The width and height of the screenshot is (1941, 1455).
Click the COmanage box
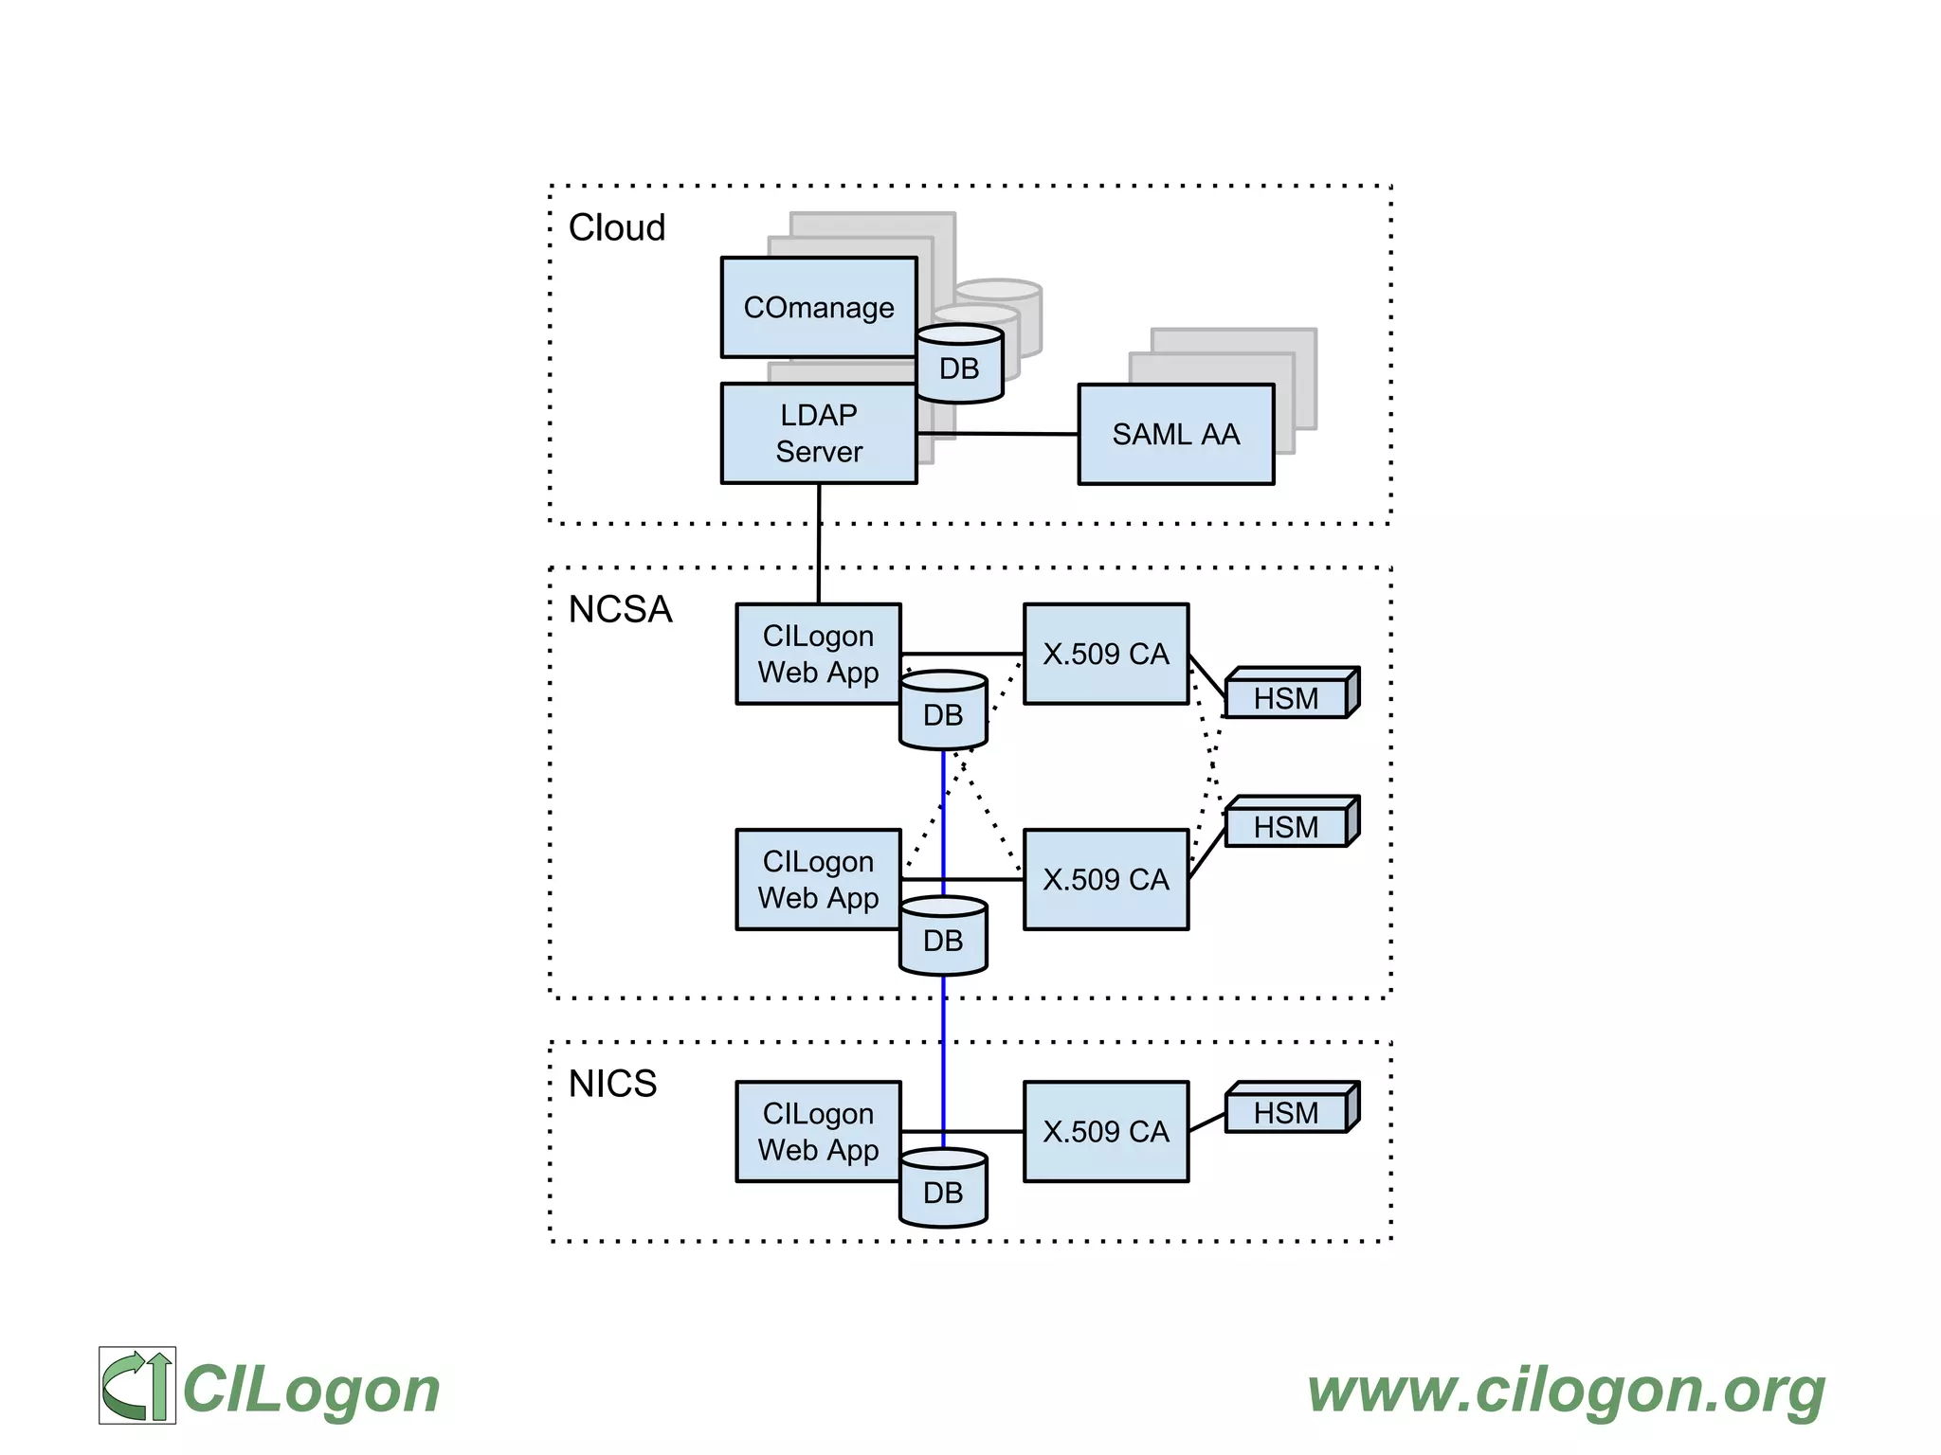[x=818, y=307]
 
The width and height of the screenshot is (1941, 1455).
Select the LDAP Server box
[x=818, y=433]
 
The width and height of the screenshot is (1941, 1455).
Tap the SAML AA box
[x=1175, y=434]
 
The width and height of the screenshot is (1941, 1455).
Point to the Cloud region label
[x=616, y=228]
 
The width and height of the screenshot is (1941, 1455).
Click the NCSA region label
[x=620, y=609]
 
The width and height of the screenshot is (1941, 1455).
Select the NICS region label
[x=612, y=1083]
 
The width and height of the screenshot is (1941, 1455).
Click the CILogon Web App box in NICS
[x=818, y=1131]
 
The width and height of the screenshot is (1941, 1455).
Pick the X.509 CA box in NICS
[x=1105, y=1131]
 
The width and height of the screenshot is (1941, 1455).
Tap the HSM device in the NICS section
[x=1287, y=1112]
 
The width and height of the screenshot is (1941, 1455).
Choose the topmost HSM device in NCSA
[x=1287, y=697]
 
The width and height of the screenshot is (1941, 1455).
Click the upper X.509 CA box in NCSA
[x=1105, y=654]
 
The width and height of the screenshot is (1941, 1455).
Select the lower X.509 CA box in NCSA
[x=1105, y=879]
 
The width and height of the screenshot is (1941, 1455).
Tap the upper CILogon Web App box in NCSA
[x=818, y=654]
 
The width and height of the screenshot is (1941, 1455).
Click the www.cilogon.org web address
[x=1566, y=1390]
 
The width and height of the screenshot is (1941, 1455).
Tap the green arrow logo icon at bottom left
[x=137, y=1385]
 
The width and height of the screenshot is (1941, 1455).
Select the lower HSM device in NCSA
[x=1287, y=826]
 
